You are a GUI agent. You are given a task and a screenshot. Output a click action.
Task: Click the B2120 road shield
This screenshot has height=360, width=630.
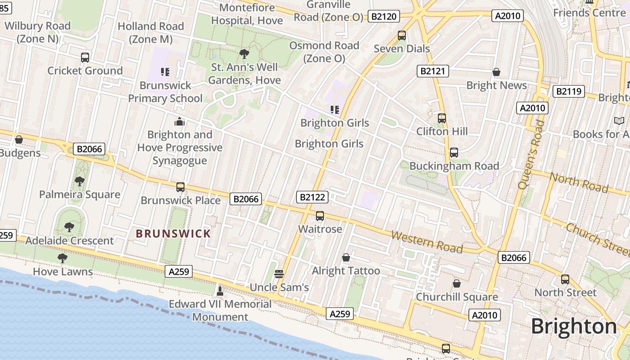(384, 17)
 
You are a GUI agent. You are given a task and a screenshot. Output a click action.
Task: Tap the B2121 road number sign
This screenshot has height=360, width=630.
(432, 71)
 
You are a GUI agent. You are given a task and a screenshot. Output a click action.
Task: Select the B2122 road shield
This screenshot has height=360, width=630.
(312, 197)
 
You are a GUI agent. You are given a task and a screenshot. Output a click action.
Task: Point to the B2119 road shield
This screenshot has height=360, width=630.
(569, 91)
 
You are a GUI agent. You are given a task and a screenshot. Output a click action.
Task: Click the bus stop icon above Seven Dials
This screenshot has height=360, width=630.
(402, 36)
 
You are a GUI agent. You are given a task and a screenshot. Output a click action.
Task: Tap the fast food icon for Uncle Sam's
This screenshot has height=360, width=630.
(279, 274)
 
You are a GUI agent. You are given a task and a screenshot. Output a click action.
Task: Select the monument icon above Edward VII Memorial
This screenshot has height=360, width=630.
(220, 291)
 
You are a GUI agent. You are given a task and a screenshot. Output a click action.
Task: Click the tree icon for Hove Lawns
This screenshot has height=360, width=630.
(63, 258)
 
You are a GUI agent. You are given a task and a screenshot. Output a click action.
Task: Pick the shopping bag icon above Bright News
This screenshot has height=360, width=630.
(496, 72)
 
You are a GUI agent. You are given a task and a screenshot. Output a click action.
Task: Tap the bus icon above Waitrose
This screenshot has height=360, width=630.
(320, 216)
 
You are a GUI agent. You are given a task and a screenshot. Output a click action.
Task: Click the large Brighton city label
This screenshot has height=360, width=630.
(574, 326)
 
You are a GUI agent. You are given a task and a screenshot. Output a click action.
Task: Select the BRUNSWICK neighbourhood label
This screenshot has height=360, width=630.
(173, 234)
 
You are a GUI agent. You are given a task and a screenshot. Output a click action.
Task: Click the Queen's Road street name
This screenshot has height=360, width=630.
(531, 154)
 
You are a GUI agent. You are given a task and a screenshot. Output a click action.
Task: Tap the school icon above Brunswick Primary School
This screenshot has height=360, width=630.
(165, 72)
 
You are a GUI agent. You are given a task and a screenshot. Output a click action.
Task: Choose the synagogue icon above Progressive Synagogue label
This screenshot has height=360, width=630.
(180, 121)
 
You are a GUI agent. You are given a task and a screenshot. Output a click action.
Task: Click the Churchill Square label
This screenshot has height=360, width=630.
(457, 297)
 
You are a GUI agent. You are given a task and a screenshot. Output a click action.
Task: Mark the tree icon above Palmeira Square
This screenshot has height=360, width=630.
(80, 181)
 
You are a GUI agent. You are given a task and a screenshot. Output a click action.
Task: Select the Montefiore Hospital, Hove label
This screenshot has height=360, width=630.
(247, 14)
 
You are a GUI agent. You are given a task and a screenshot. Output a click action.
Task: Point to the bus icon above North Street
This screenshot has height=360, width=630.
(565, 279)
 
